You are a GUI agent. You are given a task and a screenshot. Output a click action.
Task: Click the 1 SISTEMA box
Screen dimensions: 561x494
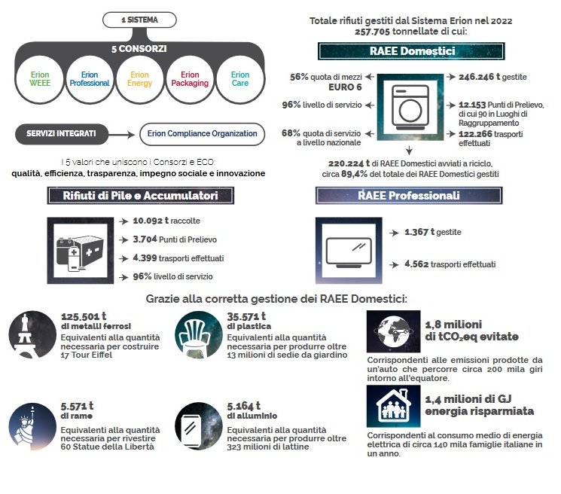139,20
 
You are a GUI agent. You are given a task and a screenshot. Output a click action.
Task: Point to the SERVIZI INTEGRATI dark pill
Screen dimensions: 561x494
62,134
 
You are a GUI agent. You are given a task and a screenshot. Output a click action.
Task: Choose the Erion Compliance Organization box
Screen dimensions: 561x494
202,134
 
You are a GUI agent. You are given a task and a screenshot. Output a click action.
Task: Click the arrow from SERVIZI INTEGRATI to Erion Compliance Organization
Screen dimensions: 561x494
122,135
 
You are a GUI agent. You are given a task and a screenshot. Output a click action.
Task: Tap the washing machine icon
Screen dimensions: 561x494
410,108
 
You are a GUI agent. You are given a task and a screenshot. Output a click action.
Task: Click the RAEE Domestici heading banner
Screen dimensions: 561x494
411,51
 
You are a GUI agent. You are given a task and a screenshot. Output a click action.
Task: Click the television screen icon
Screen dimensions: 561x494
349,252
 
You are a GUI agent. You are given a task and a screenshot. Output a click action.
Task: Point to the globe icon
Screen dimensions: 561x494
394,331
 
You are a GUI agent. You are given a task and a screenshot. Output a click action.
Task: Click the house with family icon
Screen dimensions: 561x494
394,406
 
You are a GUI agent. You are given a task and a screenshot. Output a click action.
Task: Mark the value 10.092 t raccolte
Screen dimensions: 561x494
166,221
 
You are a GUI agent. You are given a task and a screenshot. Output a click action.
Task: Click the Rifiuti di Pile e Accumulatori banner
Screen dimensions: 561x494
141,196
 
